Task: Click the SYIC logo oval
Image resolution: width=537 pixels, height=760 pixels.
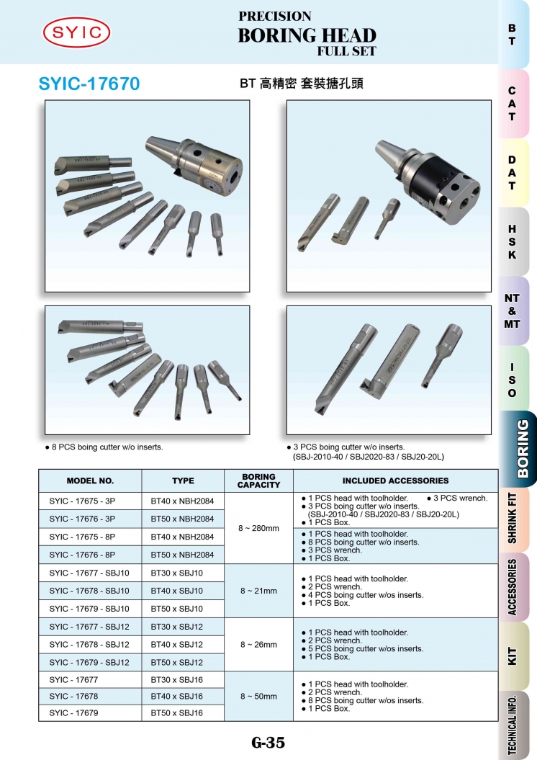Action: point(76,32)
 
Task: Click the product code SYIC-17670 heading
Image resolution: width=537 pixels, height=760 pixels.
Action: point(89,84)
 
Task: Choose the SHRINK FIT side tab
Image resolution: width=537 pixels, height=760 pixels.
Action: point(513,518)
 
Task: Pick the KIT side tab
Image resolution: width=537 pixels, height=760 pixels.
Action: point(513,656)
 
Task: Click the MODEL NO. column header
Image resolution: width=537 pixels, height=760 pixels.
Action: point(90,480)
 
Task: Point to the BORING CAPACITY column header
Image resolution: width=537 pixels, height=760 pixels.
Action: point(258,480)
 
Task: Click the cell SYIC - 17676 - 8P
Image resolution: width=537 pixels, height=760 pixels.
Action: point(82,555)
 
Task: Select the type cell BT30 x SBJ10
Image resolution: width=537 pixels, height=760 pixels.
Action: point(177,573)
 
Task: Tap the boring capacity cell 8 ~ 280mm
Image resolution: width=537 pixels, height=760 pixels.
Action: point(258,528)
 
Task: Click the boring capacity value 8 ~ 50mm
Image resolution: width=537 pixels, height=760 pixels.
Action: point(258,696)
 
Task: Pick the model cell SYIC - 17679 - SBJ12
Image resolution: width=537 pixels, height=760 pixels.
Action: point(89,662)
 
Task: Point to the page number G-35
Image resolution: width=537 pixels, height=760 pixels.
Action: point(268,742)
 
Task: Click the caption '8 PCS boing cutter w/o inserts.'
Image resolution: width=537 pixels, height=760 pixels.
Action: point(107,447)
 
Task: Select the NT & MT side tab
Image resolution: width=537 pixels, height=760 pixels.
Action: point(513,310)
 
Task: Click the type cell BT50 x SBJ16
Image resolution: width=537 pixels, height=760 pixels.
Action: point(177,713)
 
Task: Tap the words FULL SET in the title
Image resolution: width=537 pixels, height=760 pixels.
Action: point(347,51)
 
